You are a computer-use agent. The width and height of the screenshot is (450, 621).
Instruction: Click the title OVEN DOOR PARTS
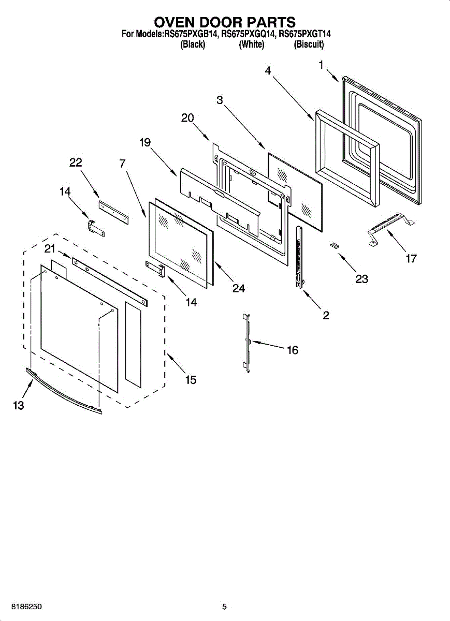(x=225, y=22)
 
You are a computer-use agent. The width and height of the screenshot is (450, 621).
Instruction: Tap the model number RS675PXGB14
(x=191, y=35)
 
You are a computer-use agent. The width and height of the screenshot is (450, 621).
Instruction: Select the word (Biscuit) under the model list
(x=309, y=45)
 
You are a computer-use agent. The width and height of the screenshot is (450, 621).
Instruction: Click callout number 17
(x=411, y=259)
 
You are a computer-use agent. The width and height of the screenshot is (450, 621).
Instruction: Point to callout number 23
(x=361, y=279)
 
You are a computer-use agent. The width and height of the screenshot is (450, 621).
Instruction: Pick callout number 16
(x=293, y=350)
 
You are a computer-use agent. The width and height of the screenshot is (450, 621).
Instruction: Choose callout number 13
(x=19, y=406)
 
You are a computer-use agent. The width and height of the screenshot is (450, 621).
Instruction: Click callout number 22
(x=76, y=162)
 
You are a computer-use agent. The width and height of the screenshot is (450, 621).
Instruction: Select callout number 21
(x=49, y=249)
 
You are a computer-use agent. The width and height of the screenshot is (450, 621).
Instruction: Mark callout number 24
(x=238, y=288)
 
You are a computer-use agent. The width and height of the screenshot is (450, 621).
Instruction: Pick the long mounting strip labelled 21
(x=109, y=282)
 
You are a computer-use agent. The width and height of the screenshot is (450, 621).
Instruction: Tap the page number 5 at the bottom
(x=224, y=607)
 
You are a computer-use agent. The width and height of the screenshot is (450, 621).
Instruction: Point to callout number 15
(x=191, y=380)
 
